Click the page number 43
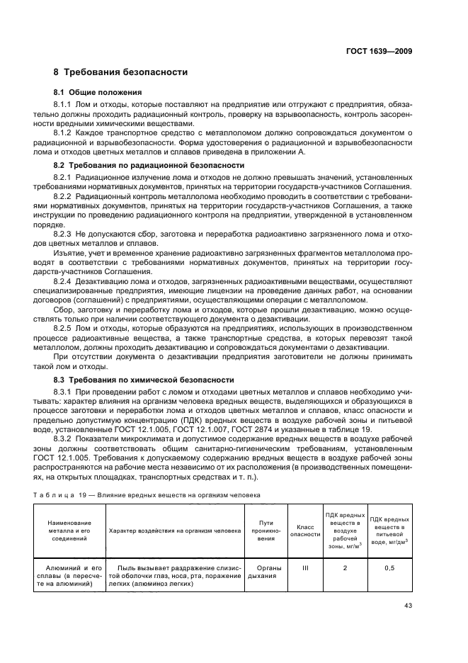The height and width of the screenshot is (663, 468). click(408, 605)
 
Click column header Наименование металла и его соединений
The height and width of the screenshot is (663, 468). click(68, 531)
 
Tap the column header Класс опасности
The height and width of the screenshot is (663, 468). click(304, 531)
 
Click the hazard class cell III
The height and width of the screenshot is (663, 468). click(304, 568)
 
